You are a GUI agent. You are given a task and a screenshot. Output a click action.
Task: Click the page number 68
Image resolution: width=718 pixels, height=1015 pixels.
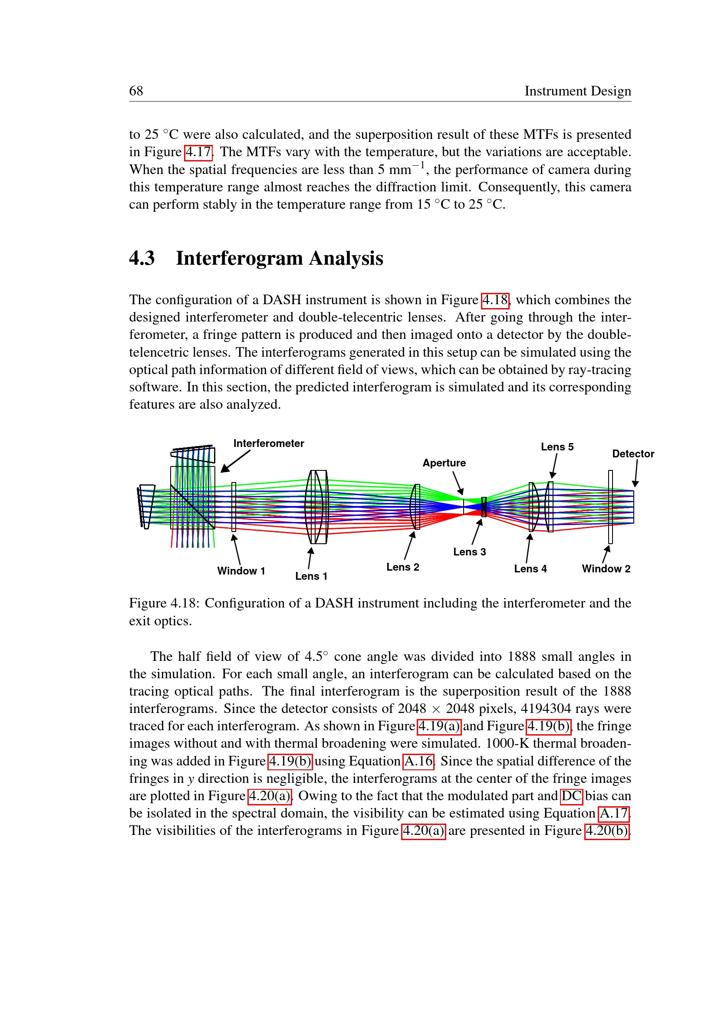point(136,91)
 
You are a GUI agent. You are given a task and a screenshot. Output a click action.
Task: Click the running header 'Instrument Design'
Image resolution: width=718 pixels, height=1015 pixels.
point(577,91)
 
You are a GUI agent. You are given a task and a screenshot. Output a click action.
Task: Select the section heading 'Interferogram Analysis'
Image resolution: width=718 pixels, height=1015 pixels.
point(279,258)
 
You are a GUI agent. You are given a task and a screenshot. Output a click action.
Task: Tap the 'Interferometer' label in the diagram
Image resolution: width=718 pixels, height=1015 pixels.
point(268,443)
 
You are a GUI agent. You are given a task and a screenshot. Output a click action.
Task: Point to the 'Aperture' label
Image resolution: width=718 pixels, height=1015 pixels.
point(444,463)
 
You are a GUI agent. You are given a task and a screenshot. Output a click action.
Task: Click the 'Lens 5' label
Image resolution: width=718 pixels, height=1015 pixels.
point(557,447)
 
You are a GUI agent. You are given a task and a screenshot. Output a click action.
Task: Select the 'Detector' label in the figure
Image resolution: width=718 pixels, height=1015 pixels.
point(632,454)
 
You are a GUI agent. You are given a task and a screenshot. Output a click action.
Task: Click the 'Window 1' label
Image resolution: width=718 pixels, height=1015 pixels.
point(241,571)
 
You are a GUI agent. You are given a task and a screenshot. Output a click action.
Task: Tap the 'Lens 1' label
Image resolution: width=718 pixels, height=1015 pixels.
point(311,576)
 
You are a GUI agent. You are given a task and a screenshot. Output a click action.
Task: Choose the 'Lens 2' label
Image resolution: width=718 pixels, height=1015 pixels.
point(402,567)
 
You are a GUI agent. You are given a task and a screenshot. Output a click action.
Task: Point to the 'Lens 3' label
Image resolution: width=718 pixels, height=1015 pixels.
point(469,552)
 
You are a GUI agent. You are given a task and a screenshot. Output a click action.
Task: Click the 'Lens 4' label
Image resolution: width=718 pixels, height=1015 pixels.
point(530,569)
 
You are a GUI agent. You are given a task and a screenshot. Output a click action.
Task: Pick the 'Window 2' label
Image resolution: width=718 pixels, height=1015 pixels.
point(606,569)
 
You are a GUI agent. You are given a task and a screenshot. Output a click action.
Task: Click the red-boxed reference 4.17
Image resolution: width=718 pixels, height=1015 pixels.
point(198,152)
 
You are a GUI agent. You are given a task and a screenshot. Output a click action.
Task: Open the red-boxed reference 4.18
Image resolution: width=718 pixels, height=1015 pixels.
point(495,300)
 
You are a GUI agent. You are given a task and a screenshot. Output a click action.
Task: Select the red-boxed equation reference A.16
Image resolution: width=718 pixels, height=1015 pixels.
point(418,761)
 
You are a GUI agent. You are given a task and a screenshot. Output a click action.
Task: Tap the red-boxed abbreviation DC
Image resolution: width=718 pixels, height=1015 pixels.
point(571,796)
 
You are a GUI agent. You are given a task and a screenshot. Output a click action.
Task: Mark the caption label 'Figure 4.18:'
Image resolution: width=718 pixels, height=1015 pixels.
point(165,604)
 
